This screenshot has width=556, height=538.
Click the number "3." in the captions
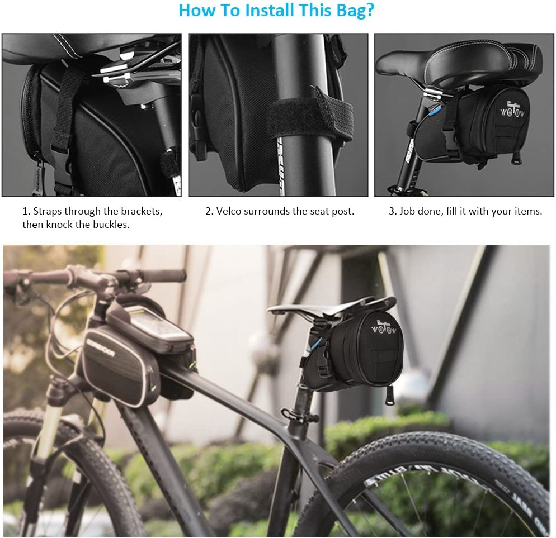click(x=393, y=211)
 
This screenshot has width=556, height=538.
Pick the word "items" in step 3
click(x=526, y=211)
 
